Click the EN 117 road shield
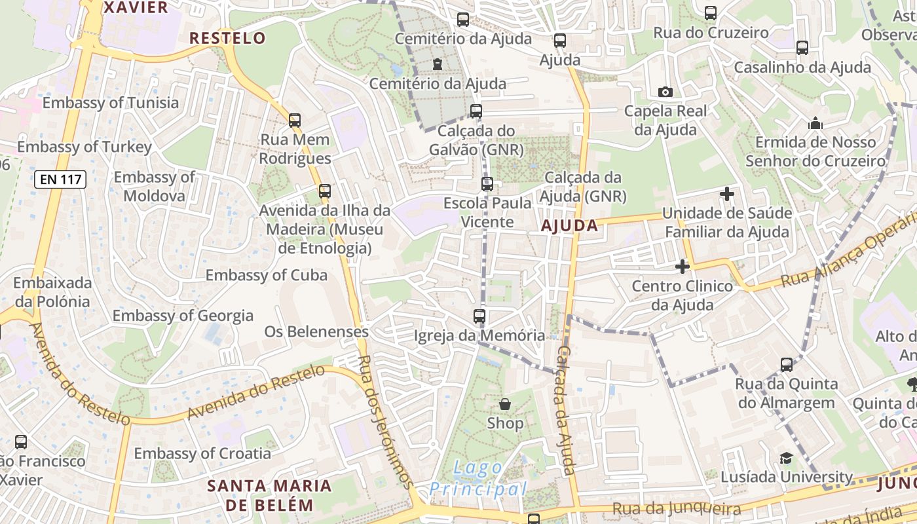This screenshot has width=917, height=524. click(x=60, y=179)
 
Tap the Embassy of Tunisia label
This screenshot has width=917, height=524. click(x=110, y=103)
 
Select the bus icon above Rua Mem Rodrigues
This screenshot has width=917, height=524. click(x=295, y=121)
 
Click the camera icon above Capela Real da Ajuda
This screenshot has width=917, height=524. click(x=665, y=92)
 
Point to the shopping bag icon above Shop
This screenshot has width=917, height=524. click(x=504, y=404)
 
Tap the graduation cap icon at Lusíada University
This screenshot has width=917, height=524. click(x=786, y=458)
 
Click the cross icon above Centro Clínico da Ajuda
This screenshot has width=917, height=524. click(x=682, y=267)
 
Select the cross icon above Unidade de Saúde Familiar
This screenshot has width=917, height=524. click(x=726, y=194)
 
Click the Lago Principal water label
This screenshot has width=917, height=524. click(x=479, y=479)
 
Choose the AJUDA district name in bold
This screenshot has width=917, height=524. click(x=569, y=226)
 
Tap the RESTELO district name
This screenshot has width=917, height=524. click(x=227, y=38)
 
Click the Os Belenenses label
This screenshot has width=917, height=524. click(x=316, y=332)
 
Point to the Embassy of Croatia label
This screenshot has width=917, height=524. click(x=202, y=453)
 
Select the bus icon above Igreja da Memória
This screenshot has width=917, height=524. click(x=479, y=316)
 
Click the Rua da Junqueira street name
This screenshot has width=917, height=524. click(x=676, y=509)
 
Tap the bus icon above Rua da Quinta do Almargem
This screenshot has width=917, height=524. click(x=787, y=365)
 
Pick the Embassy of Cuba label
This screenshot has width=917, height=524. click(x=267, y=275)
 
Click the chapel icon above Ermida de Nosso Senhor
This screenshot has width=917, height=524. click(x=815, y=123)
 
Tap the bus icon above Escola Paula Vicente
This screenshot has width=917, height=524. click(x=487, y=184)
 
